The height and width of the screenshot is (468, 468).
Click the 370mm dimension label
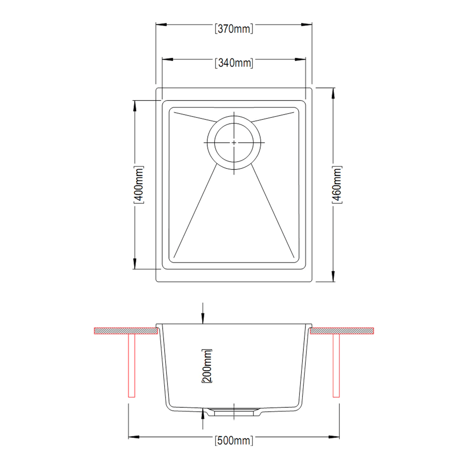[234, 29]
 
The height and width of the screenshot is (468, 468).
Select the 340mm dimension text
[234, 63]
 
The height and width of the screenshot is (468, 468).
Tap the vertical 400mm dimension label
[139, 185]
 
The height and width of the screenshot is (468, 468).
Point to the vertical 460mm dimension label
[337, 185]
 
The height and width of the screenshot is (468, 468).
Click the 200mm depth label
[207, 366]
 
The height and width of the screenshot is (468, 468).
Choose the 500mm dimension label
[234, 441]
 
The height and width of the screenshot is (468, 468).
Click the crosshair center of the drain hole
[234, 143]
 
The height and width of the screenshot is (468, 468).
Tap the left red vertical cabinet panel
[132, 366]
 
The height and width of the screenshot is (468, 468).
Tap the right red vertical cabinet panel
[336, 366]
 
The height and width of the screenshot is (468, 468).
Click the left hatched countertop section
[126, 331]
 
